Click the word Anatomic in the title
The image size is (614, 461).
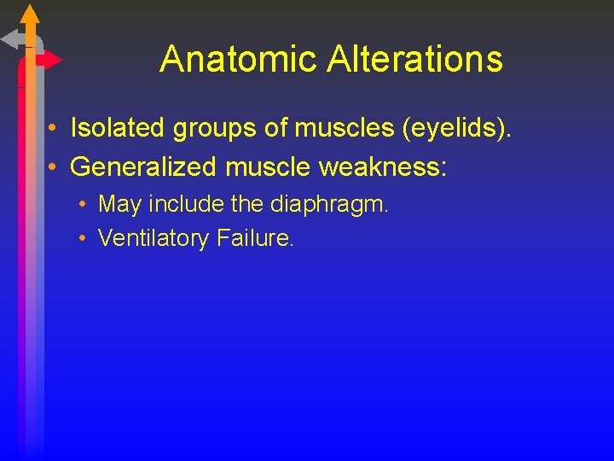click(221, 59)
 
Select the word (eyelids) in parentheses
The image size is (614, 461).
click(464, 129)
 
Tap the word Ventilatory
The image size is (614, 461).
click(153, 238)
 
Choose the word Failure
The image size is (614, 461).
click(255, 238)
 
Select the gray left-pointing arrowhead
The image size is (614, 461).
click(12, 39)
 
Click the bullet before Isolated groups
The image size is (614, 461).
click(53, 129)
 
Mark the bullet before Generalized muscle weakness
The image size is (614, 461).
click(53, 166)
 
